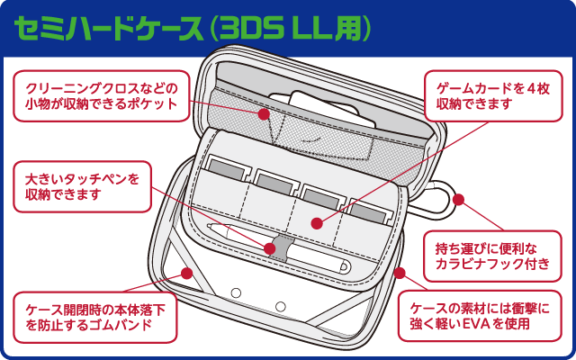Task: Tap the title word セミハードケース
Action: pos(108,28)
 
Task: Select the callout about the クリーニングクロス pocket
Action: pos(101,96)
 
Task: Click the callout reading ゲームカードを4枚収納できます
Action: pos(484,96)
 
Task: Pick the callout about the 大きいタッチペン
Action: pos(82,186)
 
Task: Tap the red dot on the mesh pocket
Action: pos(265,114)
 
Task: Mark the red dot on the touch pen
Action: pos(271,247)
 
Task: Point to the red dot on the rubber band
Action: pos(187,273)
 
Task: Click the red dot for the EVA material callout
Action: pos(400,273)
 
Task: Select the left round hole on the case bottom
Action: pos(237,294)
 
